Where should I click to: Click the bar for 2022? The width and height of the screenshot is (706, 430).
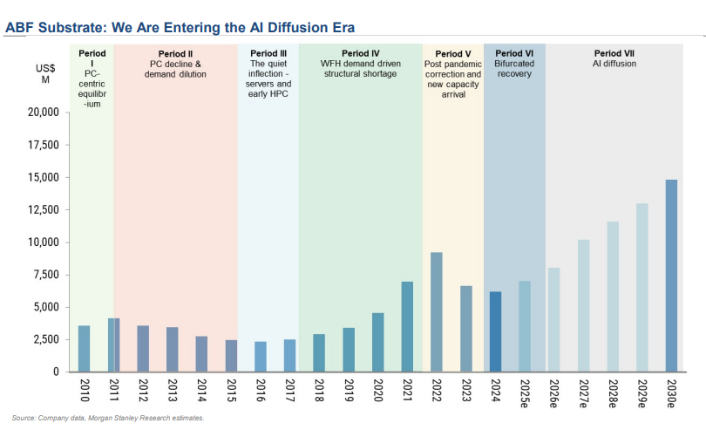437,311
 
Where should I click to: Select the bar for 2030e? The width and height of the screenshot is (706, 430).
670,276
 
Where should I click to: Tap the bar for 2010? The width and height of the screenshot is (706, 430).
84,348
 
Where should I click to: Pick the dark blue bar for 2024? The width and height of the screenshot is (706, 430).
495,331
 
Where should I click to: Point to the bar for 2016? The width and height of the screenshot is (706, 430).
260,356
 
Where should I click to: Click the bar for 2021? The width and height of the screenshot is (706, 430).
407,326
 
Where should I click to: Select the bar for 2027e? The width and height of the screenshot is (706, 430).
583,305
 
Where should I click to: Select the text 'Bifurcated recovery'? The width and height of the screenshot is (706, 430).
514,69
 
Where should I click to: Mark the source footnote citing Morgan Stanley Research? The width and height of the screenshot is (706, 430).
108,419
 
